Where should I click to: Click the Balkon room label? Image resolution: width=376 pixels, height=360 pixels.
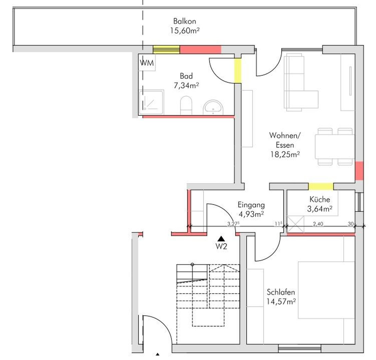pyautogui.click(x=184, y=21)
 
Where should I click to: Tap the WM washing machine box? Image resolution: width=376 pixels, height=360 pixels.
pyautogui.click(x=147, y=63)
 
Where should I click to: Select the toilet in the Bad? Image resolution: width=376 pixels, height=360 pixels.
pyautogui.click(x=186, y=105)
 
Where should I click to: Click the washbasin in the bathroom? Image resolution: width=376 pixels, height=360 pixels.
pyautogui.click(x=213, y=107)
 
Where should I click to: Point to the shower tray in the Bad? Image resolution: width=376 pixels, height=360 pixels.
pyautogui.click(x=151, y=102)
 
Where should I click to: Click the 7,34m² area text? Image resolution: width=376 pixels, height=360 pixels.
pyautogui.click(x=186, y=85)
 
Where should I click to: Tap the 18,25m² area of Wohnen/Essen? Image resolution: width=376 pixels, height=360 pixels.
pyautogui.click(x=285, y=154)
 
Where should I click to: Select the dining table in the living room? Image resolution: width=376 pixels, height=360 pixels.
pyautogui.click(x=335, y=147)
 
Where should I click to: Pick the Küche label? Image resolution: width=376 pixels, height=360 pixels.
pyautogui.click(x=320, y=199)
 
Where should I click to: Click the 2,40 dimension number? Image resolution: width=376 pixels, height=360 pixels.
pyautogui.click(x=318, y=224)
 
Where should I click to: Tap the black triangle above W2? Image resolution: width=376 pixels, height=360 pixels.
pyautogui.click(x=221, y=239)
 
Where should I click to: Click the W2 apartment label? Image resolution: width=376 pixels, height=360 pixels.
pyautogui.click(x=221, y=246)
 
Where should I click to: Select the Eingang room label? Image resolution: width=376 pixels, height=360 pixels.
pyautogui.click(x=251, y=205)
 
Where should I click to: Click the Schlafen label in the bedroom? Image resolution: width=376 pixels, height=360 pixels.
pyautogui.click(x=281, y=292)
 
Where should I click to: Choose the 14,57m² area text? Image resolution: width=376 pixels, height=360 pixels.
pyautogui.click(x=281, y=301)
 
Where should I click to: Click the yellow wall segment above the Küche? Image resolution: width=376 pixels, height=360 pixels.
pyautogui.click(x=321, y=186)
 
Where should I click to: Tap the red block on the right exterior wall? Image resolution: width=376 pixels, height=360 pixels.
pyautogui.click(x=359, y=171)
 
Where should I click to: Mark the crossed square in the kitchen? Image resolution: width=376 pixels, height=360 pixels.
pyautogui.click(x=295, y=224)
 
